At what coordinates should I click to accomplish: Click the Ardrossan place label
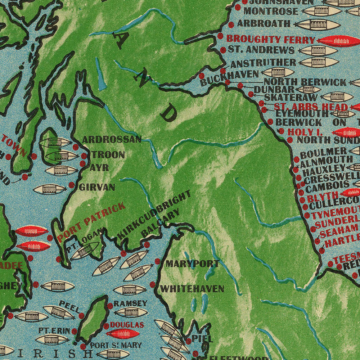(x=112, y=140)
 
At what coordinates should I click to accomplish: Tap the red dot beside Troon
(x=84, y=156)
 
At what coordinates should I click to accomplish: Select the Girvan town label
(x=97, y=187)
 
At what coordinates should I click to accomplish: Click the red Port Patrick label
(x=91, y=222)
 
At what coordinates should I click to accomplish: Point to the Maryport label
(x=192, y=264)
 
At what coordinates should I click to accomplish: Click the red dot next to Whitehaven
(x=153, y=285)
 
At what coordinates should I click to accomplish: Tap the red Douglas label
(x=122, y=325)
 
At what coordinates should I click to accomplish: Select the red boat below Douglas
(x=123, y=334)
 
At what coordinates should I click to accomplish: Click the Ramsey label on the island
(x=130, y=303)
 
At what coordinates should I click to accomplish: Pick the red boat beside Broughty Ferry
(x=338, y=41)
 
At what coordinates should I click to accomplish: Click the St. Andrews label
(x=261, y=50)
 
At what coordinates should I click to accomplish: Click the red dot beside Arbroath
(x=231, y=24)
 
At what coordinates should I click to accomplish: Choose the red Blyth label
(x=318, y=198)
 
